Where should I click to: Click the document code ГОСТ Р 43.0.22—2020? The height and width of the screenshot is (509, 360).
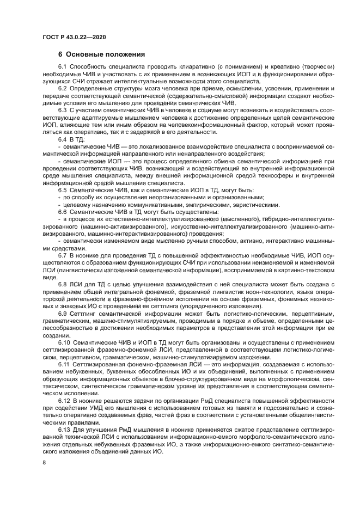74,36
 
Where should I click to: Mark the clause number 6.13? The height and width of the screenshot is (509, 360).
65,430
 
